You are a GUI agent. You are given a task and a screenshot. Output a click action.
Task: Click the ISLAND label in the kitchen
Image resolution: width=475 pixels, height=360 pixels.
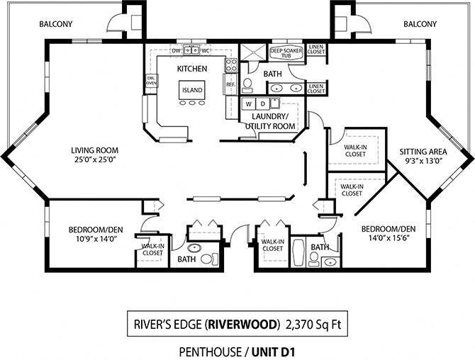192,90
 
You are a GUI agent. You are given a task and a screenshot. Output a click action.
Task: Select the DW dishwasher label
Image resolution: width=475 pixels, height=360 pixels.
176,51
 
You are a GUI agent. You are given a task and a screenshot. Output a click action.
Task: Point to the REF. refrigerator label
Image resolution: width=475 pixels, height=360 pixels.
230,84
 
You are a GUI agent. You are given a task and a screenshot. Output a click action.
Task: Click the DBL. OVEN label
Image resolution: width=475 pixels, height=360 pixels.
151,81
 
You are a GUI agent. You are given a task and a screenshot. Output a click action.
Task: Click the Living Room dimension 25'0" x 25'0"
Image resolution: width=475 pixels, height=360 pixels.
94,160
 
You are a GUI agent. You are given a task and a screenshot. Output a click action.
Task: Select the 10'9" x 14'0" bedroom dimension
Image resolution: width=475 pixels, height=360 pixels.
92,240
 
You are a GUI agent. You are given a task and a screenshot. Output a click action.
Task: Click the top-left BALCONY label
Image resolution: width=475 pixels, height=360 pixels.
55,23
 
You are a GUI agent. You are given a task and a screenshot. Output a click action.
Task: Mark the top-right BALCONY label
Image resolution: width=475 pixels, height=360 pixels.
420,23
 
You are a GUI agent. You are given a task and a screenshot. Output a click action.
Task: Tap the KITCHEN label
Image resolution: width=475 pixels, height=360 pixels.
191,69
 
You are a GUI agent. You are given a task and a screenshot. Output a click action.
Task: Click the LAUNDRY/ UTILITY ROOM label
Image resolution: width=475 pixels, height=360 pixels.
270,121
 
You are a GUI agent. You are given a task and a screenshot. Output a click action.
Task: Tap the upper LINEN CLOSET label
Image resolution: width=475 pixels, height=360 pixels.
316,50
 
